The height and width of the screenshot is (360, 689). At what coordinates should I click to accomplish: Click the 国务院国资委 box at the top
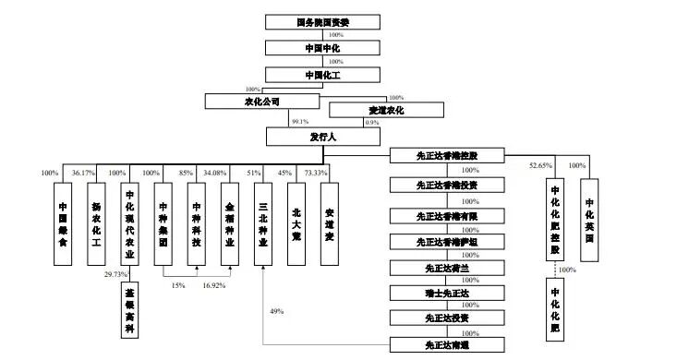pos(317,20)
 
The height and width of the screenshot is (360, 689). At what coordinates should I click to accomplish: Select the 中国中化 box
pos(317,47)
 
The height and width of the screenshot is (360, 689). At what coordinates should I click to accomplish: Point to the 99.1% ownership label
pos(300,123)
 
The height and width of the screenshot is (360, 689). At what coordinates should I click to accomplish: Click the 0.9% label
pos(373,123)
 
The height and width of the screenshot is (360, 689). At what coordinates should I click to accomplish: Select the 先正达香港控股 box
pos(448,155)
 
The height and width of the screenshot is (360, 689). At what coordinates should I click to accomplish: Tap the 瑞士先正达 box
pos(448,293)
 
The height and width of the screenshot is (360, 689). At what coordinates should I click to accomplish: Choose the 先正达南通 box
pos(448,344)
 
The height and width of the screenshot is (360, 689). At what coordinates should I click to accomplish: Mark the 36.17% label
pos(83,173)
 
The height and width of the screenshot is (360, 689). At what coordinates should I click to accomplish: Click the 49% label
pos(276,311)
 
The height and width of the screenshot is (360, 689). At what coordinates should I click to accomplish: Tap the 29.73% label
pos(116,275)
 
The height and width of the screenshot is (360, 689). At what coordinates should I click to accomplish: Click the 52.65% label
pos(541,166)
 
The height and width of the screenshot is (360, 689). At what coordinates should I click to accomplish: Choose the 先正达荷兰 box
pos(448,268)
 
